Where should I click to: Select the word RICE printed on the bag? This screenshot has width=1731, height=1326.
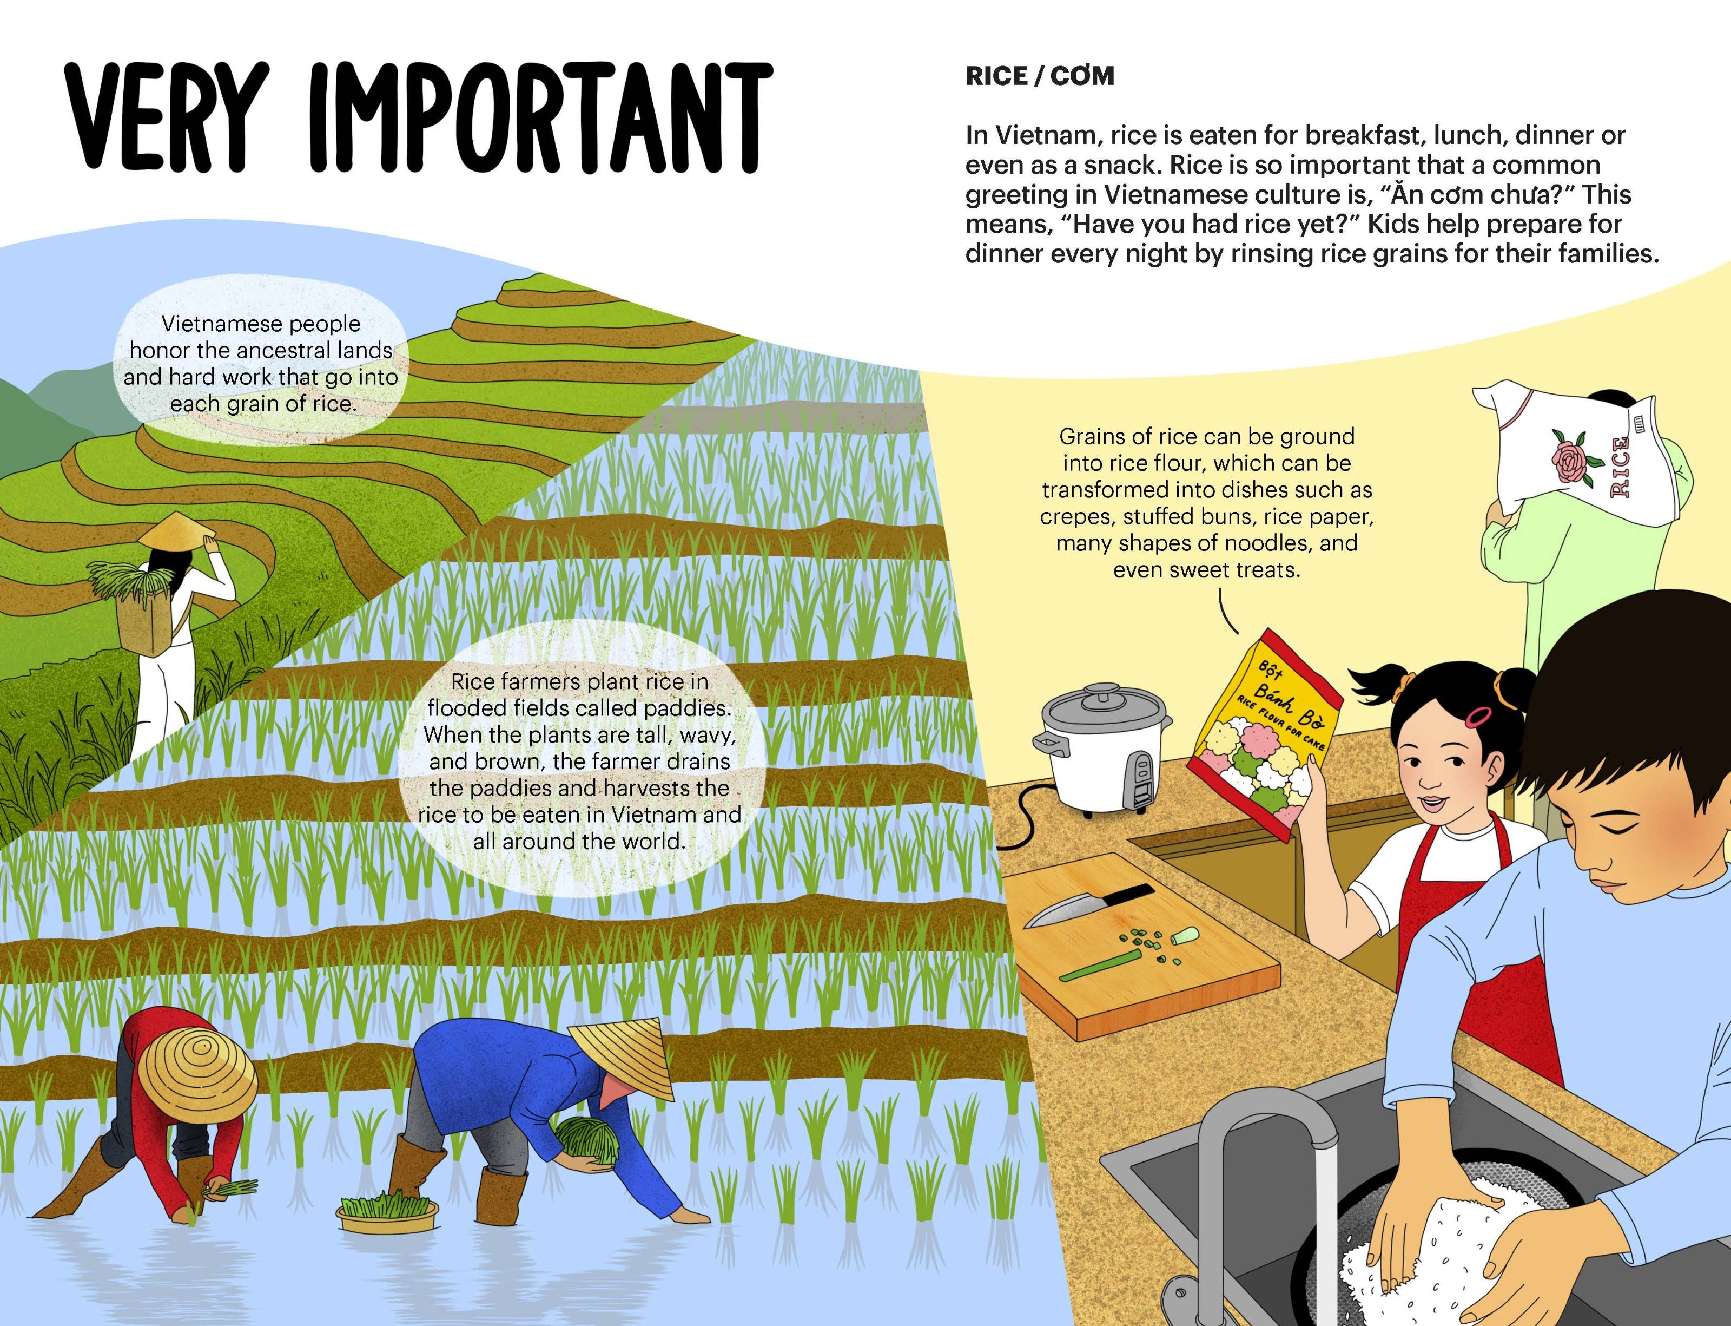pos(1619,467)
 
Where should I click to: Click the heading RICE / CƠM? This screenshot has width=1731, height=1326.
pos(1039,76)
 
